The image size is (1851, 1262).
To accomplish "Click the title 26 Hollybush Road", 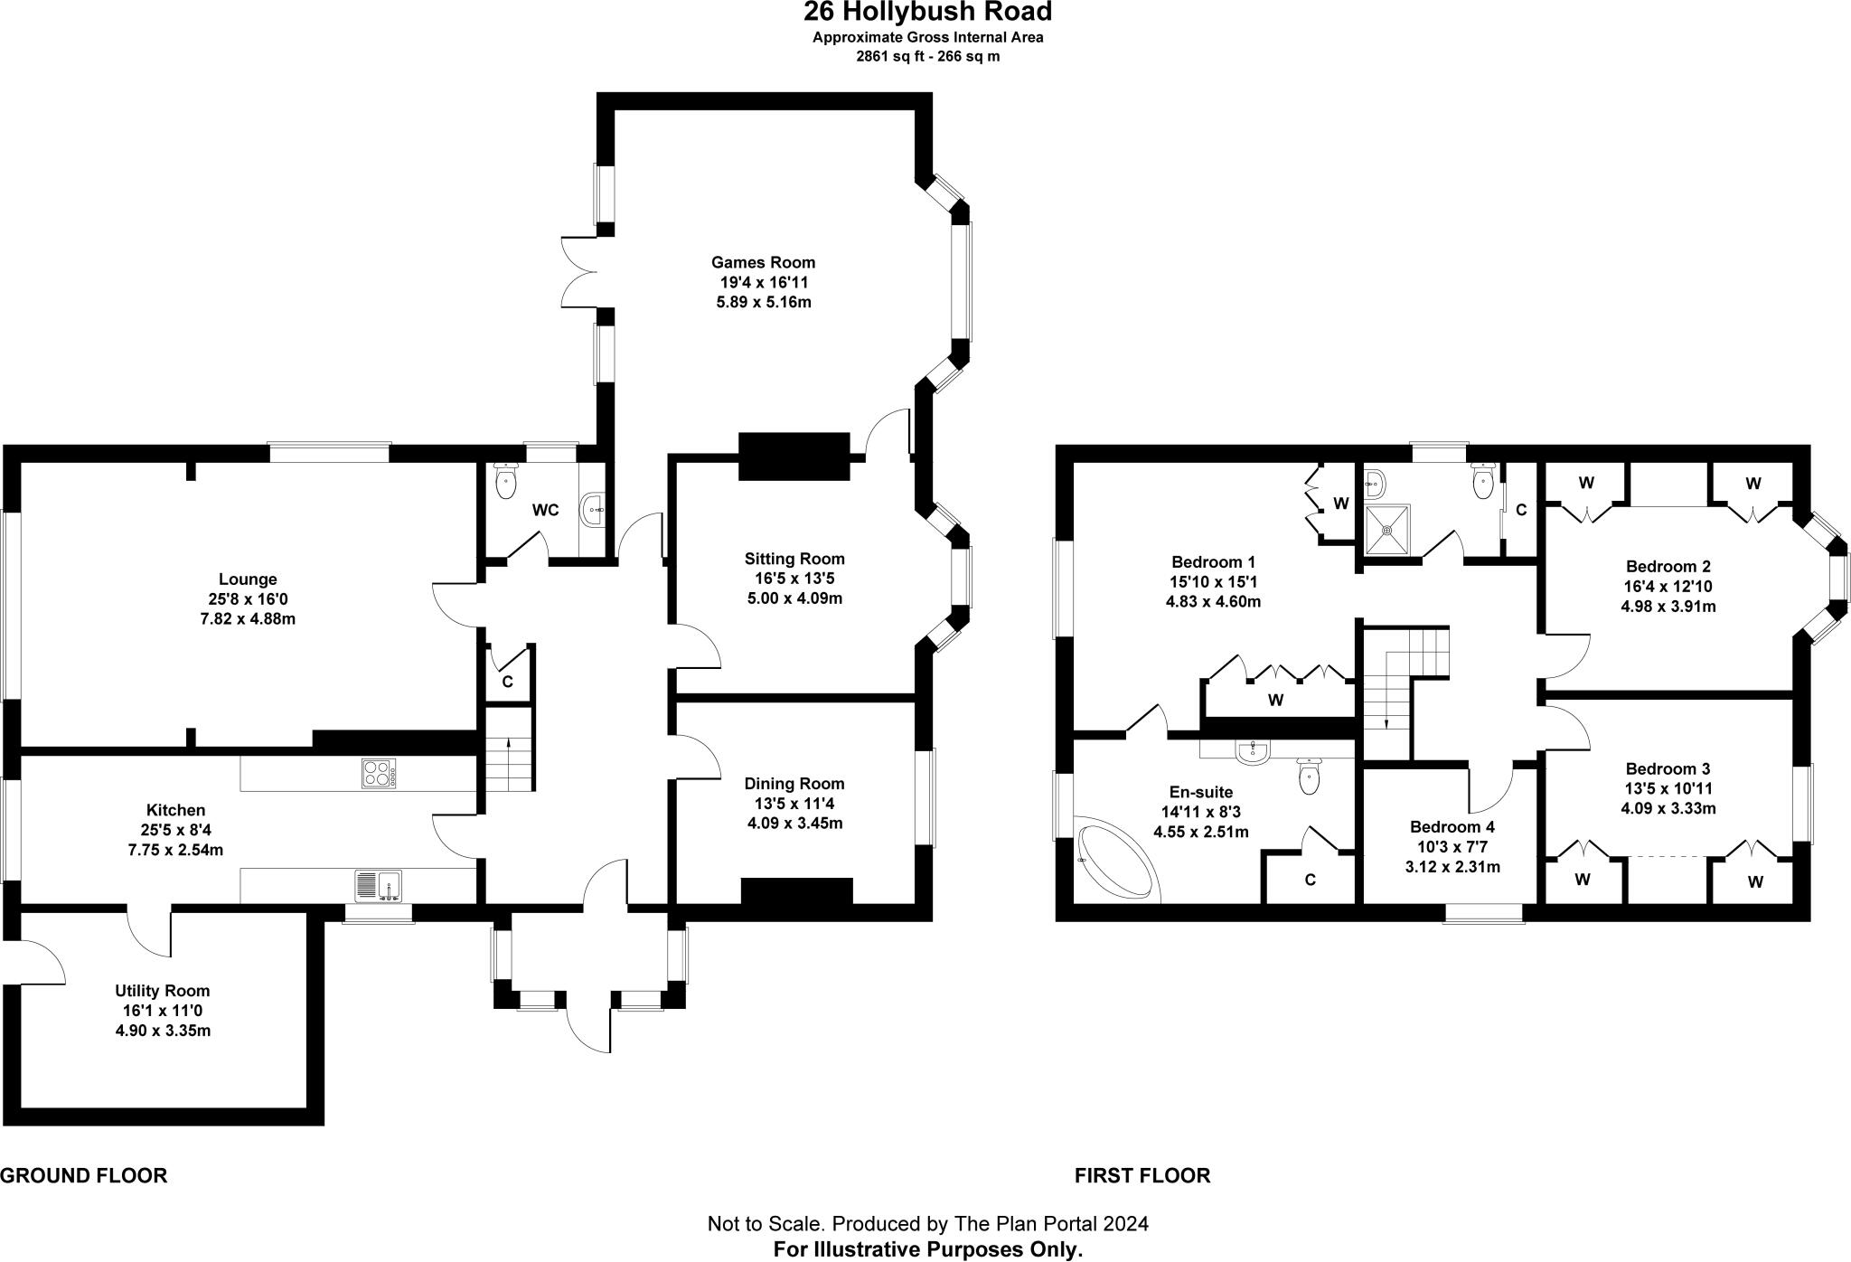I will click(x=927, y=13).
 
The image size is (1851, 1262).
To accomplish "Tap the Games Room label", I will click(x=763, y=262).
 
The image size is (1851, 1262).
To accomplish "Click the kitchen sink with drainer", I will click(x=378, y=885).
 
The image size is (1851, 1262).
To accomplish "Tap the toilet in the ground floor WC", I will click(x=505, y=481).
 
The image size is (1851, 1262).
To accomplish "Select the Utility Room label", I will click(x=163, y=991).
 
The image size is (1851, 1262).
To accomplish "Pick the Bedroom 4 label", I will click(x=1452, y=826).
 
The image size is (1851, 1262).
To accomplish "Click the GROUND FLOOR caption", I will click(x=83, y=1175).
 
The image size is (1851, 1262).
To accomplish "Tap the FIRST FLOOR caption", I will click(x=1142, y=1175).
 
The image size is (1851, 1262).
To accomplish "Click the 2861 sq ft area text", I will click(x=927, y=56).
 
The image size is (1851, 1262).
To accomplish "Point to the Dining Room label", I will click(x=794, y=784).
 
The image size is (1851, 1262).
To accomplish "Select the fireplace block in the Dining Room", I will click(x=796, y=890).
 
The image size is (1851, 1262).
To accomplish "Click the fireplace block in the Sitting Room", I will click(x=794, y=456).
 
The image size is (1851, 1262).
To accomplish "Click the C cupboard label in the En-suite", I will click(x=1310, y=880).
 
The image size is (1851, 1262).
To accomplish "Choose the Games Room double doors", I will click(x=578, y=271).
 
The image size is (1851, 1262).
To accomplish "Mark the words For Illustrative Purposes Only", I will click(x=927, y=1250).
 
